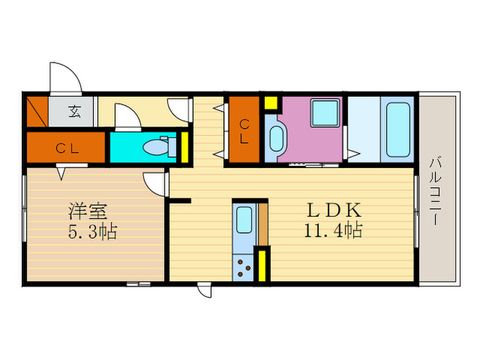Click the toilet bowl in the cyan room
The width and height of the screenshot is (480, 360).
[156, 147]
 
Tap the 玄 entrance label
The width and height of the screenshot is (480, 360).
[74, 111]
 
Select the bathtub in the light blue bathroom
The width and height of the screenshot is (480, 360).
[398, 130]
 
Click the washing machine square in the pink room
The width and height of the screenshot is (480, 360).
[325, 112]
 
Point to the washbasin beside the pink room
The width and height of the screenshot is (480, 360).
[277, 139]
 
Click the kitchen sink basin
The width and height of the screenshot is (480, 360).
[244, 219]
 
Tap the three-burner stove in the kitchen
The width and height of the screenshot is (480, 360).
[243, 268]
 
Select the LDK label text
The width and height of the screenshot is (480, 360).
[334, 210]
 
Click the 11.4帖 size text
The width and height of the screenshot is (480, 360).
[333, 230]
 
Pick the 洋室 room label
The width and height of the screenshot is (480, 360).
[88, 211]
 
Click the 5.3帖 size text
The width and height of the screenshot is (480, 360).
[93, 232]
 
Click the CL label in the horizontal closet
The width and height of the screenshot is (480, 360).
[67, 149]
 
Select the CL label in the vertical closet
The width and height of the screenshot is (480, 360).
[244, 132]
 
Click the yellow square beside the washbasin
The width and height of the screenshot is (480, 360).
[271, 103]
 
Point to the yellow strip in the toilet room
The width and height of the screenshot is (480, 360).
[184, 147]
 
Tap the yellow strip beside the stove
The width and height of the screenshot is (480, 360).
[262, 266]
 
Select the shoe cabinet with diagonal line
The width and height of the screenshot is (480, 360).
[37, 111]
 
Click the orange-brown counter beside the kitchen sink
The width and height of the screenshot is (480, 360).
[263, 224]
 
